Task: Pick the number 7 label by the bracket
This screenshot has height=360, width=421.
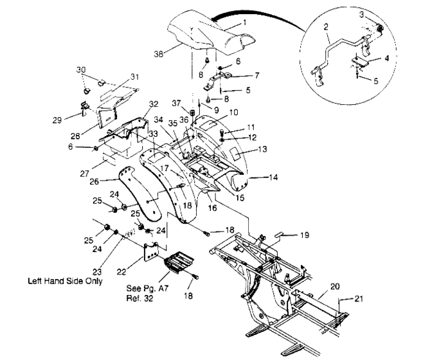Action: [x=257, y=75]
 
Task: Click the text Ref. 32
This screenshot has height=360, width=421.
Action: [x=141, y=299]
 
